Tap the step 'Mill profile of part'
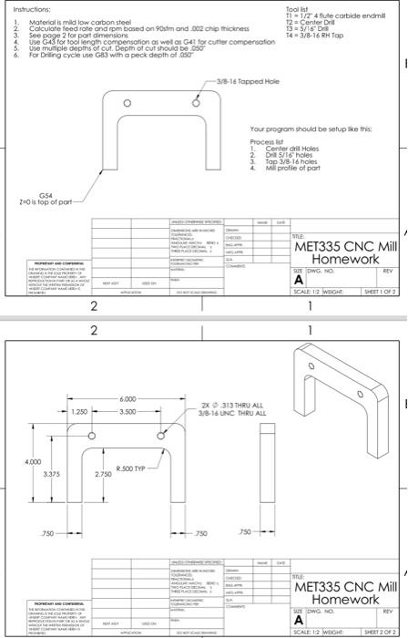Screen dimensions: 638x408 pyautogui.click(x=291, y=169)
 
